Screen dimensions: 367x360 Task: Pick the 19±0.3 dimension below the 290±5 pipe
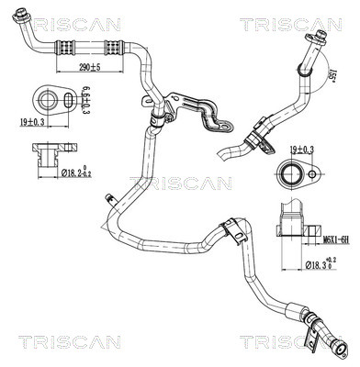31,120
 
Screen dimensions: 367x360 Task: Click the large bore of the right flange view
293,172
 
